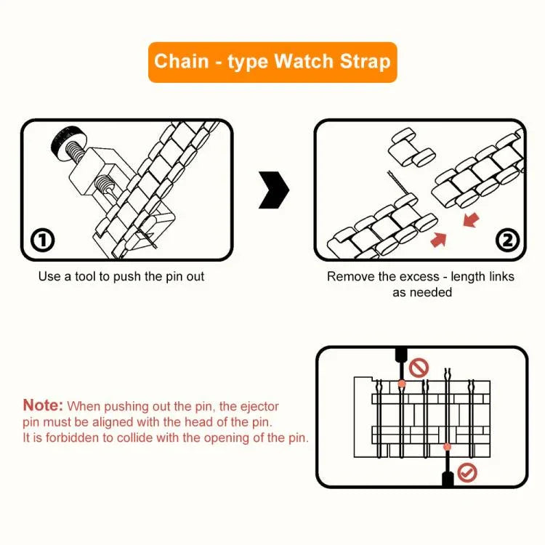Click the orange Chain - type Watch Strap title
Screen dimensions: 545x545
272,61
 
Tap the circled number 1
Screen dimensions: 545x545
43,240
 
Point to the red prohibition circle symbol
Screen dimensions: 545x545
419,368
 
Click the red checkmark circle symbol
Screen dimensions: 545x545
468,473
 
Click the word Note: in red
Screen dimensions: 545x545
43,405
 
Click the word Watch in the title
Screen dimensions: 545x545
304,61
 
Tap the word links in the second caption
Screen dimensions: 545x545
500,277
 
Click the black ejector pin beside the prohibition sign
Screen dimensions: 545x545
400,358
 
